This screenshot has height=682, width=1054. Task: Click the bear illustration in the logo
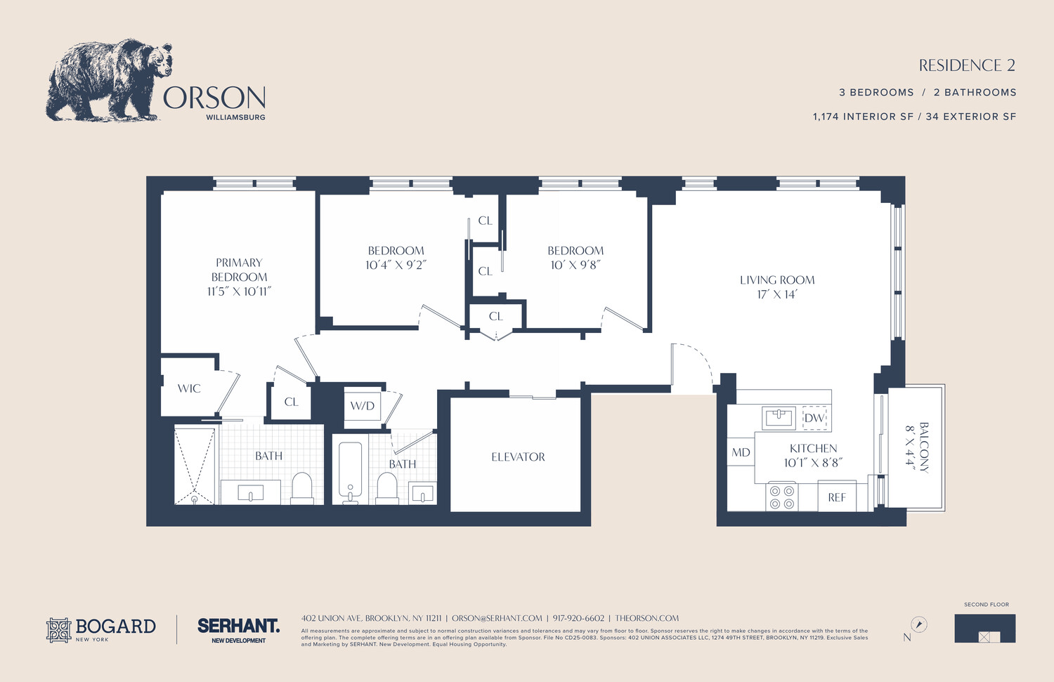click(109, 80)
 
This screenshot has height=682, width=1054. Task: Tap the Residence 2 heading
click(967, 65)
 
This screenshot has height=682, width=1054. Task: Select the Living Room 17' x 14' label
click(777, 287)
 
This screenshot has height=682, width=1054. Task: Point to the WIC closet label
click(189, 388)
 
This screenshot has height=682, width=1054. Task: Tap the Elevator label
click(518, 457)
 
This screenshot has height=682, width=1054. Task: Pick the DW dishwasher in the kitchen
click(814, 418)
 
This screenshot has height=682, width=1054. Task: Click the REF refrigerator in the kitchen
click(837, 497)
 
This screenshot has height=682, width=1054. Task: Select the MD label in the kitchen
click(741, 452)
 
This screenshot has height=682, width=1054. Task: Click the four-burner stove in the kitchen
click(781, 497)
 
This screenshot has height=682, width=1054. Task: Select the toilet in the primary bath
click(301, 488)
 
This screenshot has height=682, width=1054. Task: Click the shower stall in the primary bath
click(195, 465)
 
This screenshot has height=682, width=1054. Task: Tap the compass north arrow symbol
click(918, 624)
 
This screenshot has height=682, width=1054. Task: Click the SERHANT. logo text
click(239, 626)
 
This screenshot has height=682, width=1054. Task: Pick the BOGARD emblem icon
click(59, 630)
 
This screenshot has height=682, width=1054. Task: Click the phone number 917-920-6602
click(578, 618)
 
